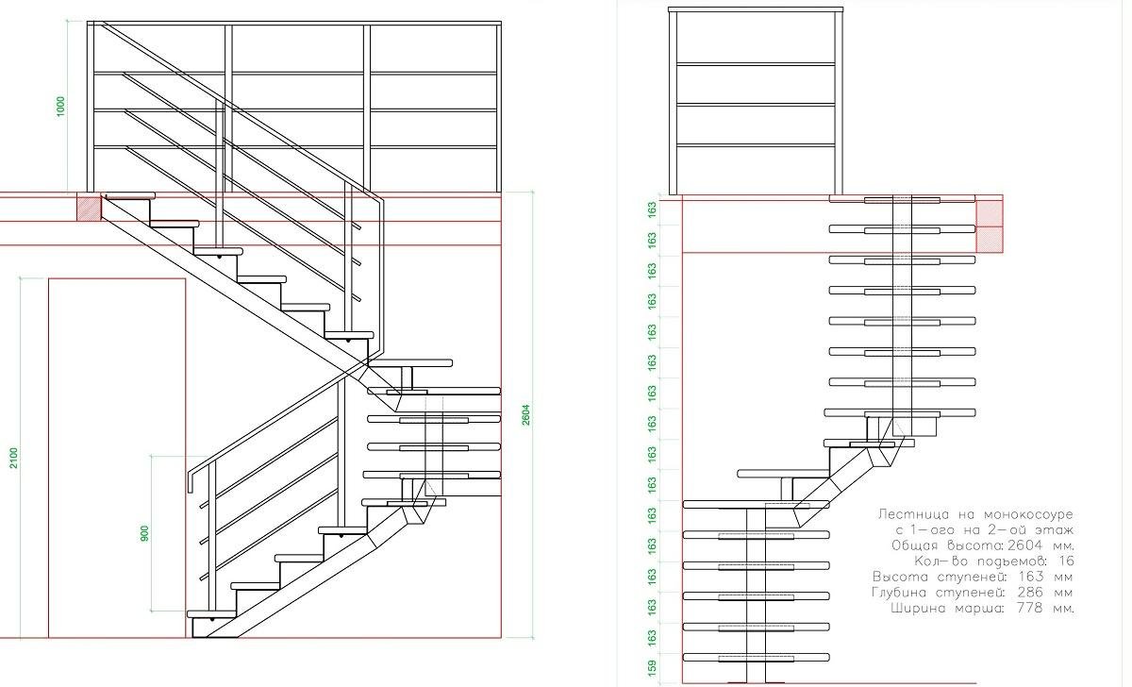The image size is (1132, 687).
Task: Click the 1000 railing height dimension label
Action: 60,106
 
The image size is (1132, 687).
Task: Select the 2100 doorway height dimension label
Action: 13,458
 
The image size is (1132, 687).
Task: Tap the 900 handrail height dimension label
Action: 144,534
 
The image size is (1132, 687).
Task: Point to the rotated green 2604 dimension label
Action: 525,414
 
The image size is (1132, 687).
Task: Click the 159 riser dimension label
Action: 652,667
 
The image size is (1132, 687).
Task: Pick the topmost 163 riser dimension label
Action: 652,209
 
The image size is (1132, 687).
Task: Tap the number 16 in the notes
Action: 1066,561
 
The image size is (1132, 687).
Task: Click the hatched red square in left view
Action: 89,209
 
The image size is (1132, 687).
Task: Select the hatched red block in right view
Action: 989,226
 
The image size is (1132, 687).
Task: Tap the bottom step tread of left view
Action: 211,614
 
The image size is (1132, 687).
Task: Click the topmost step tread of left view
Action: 130,195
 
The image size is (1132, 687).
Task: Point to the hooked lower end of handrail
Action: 191,481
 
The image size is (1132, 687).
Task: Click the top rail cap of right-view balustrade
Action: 756,9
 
